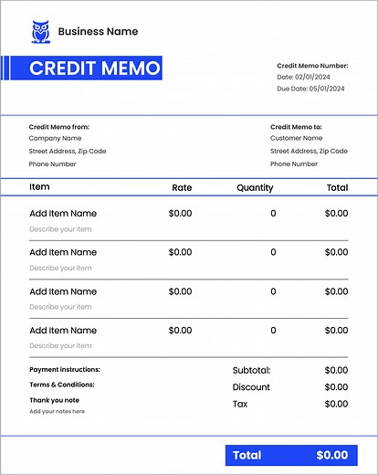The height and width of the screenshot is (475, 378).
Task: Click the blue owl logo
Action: (40, 31)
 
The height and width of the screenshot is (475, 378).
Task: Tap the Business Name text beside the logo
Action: (98, 31)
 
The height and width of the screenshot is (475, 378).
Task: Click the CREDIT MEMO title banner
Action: (94, 69)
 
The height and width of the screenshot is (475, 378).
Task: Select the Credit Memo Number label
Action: (312, 66)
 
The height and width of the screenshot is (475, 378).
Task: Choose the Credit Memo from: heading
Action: (59, 127)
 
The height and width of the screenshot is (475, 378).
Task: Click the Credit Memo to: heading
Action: (297, 127)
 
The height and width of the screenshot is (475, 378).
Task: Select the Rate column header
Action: (182, 187)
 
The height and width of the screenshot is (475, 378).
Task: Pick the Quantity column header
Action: (255, 187)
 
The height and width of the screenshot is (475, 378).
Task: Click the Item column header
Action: (39, 186)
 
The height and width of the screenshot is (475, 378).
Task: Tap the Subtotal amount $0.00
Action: (336, 370)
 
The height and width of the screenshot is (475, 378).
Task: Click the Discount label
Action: (251, 387)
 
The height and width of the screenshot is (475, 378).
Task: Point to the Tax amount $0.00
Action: (336, 404)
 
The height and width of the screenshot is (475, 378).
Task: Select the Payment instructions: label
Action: (65, 370)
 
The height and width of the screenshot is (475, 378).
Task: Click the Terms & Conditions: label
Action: (62, 385)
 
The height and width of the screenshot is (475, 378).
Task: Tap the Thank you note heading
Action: (54, 400)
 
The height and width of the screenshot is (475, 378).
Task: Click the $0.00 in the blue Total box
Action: (331, 455)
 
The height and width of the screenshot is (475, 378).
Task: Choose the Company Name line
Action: (55, 139)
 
